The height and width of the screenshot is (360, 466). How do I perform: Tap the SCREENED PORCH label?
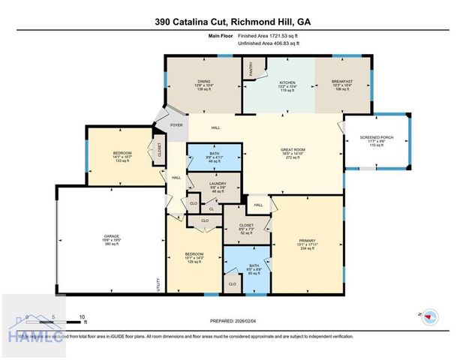point(377,137)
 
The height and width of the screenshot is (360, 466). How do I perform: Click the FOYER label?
point(176,125)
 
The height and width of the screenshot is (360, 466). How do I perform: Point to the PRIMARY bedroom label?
point(307,243)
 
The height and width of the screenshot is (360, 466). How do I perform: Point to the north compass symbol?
point(428,315)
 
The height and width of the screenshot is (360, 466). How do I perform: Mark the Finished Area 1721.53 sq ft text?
point(269,36)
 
